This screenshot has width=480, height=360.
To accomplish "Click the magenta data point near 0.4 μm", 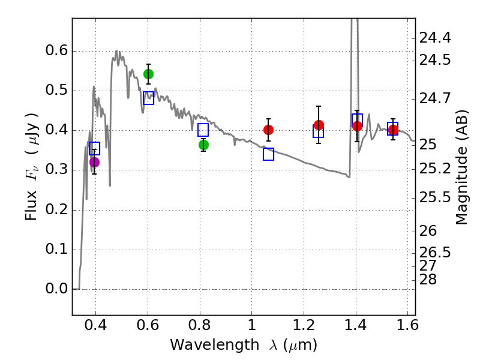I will [x=94, y=162].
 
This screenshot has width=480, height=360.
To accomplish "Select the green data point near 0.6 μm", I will [x=148, y=74].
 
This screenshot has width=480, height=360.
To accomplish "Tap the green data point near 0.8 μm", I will [x=203, y=145].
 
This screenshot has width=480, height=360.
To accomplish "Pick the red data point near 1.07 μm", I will [x=268, y=130].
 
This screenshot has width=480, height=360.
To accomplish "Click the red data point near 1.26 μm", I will [x=319, y=125].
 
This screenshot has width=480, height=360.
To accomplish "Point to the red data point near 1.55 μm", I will [x=393, y=130].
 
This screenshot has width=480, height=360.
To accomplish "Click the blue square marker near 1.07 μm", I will [x=268, y=154].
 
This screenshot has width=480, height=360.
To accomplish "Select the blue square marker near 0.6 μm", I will [x=148, y=98].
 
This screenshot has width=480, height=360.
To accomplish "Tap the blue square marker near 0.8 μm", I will [x=203, y=130].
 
